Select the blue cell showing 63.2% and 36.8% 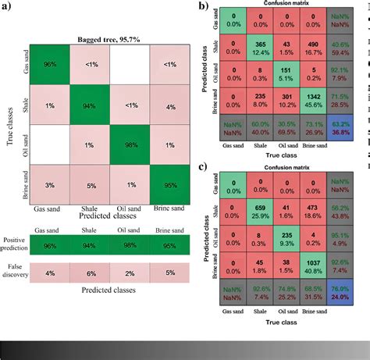(345, 125)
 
